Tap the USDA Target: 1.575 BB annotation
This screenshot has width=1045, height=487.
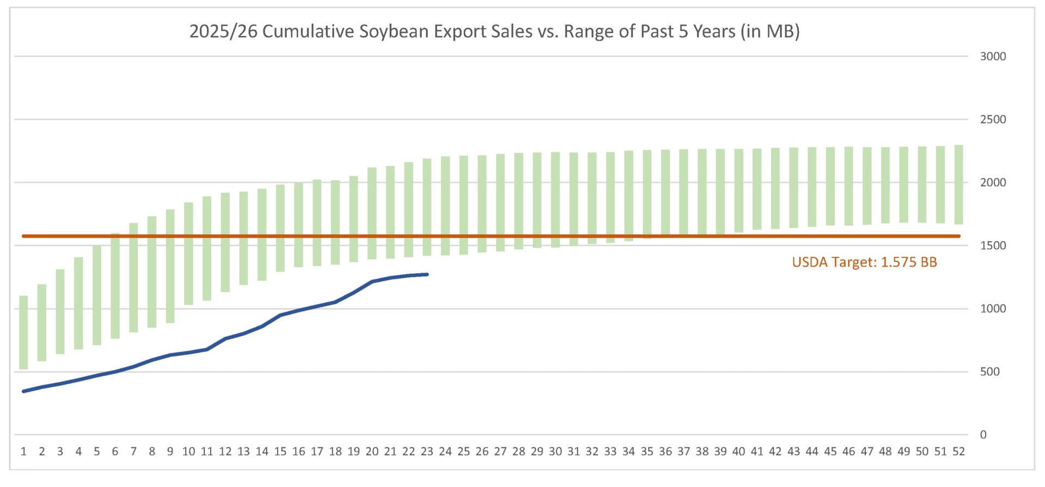[864, 262]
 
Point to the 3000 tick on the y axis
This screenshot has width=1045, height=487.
[993, 56]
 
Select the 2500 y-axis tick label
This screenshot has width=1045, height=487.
[993, 119]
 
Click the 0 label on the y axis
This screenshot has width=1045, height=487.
[983, 435]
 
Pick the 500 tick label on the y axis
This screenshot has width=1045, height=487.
[989, 372]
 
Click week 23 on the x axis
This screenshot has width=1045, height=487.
[427, 452]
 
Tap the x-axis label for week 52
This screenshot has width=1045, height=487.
[958, 452]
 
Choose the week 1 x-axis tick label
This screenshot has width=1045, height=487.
[23, 452]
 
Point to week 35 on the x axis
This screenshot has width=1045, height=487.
[647, 452]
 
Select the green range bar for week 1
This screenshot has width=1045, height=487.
[23, 332]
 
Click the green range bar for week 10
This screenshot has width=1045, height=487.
[188, 254]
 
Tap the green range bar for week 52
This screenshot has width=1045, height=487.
[958, 185]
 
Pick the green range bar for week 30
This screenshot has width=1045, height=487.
[555, 200]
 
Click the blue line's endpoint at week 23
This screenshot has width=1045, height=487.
[427, 274]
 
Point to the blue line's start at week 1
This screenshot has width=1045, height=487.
[23, 391]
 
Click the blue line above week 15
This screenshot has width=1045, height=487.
[280, 315]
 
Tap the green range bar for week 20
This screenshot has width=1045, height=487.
[372, 213]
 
